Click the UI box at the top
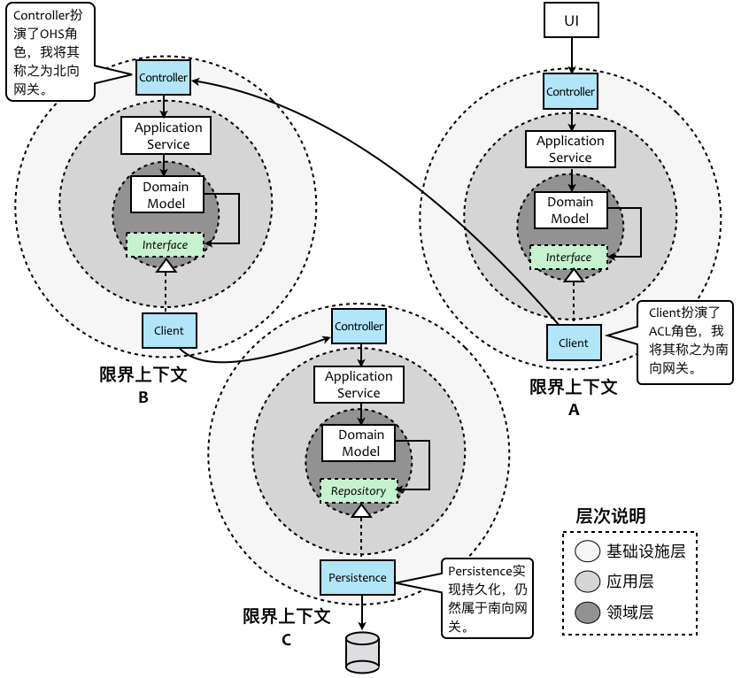(x=570, y=19)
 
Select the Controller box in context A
(x=570, y=92)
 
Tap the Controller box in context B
(x=163, y=78)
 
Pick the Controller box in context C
(x=359, y=327)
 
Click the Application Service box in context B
(x=168, y=135)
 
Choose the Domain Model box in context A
(x=569, y=210)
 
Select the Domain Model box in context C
(x=361, y=443)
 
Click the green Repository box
(x=358, y=490)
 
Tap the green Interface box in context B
(x=166, y=245)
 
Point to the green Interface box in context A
(x=568, y=258)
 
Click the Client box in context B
(x=168, y=331)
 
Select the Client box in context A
(x=573, y=343)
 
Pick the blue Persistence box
(x=358, y=577)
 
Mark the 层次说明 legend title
(x=610, y=516)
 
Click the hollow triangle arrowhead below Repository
(x=360, y=511)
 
